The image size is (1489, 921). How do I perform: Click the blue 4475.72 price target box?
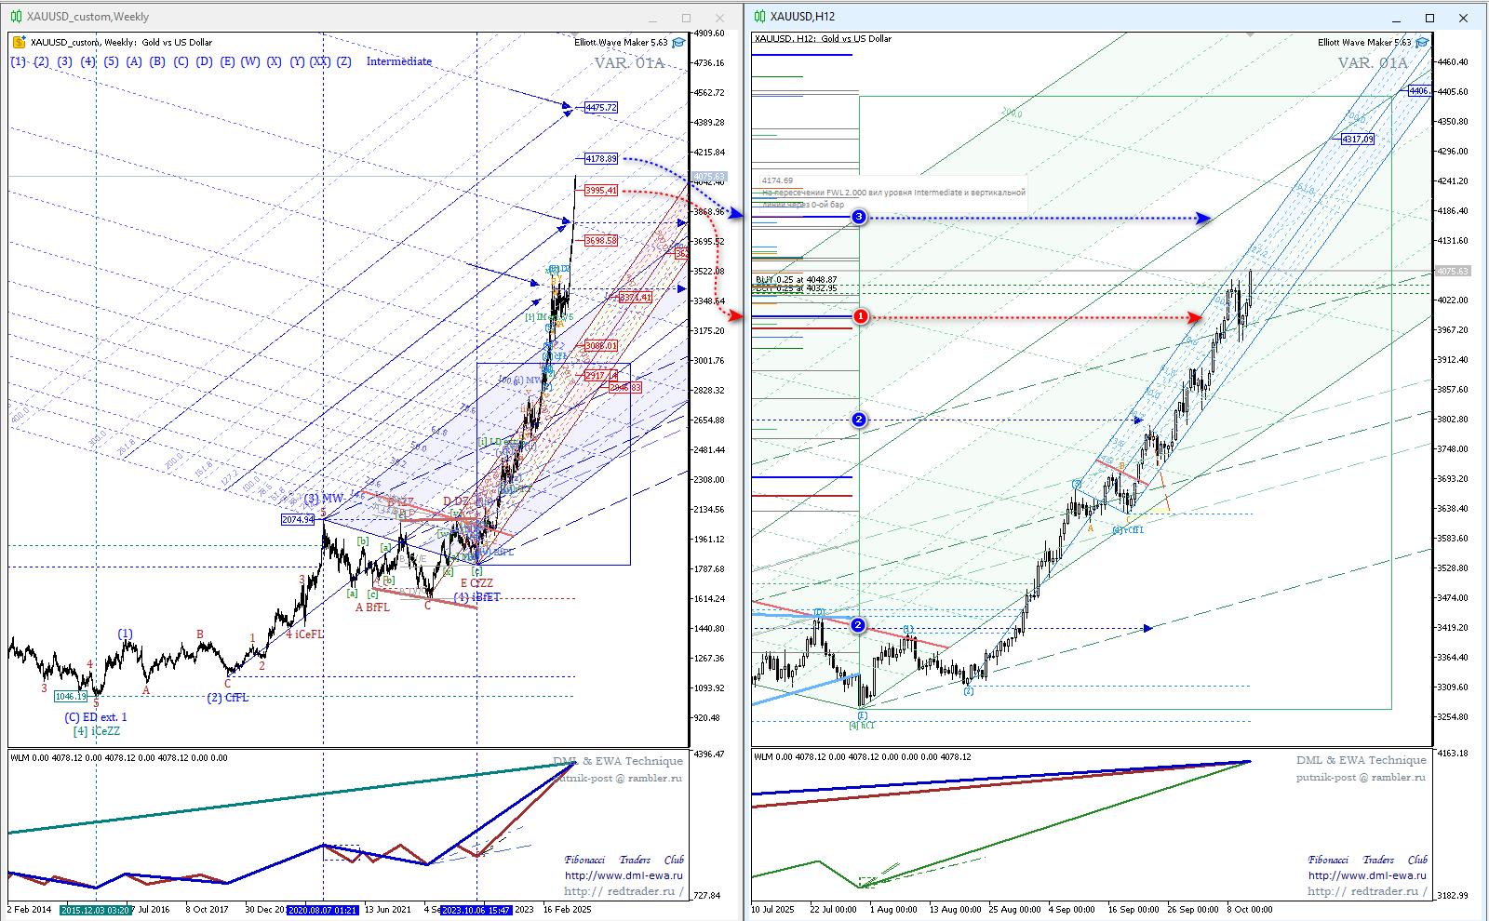[601, 108]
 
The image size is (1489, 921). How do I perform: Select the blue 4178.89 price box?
[601, 159]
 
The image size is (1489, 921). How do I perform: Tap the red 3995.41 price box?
[601, 191]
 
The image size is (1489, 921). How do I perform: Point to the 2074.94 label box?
[298, 519]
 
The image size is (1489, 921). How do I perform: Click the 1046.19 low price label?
[71, 696]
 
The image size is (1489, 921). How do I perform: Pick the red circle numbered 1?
[861, 316]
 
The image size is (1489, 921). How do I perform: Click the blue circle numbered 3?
[859, 217]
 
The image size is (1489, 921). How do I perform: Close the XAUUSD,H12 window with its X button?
[1463, 18]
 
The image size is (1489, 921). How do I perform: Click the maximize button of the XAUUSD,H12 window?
[1429, 18]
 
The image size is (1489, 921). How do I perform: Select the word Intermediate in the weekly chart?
[399, 61]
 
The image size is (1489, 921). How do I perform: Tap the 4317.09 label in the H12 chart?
[1358, 139]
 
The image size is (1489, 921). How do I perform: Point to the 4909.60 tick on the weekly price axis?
[709, 33]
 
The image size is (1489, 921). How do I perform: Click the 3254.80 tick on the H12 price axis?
[1452, 717]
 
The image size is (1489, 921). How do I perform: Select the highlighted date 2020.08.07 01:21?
[322, 910]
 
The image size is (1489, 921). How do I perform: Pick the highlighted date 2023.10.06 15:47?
[476, 910]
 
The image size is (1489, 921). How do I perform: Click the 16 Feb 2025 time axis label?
[567, 910]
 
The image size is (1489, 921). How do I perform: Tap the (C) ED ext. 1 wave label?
[96, 717]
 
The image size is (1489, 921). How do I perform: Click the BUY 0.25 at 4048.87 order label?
[797, 279]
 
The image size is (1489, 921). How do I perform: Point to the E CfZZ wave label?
[476, 583]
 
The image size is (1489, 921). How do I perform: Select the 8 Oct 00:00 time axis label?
[1249, 910]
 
